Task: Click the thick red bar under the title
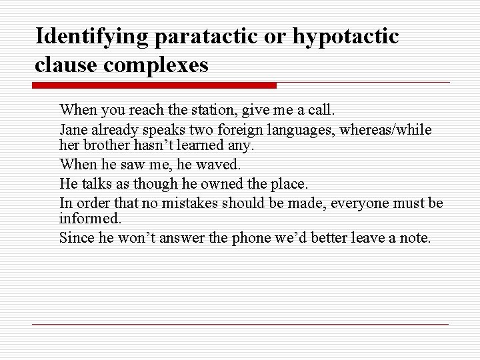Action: (x=154, y=85)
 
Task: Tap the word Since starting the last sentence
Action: (x=75, y=237)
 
